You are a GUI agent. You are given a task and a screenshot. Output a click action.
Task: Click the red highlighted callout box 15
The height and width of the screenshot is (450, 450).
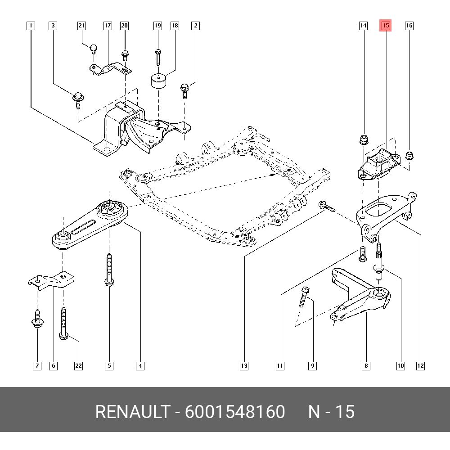click(386, 26)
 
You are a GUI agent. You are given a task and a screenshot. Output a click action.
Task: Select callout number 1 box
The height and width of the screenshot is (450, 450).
click(30, 26)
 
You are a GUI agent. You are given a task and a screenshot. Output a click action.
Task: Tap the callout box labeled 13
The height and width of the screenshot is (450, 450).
click(244, 366)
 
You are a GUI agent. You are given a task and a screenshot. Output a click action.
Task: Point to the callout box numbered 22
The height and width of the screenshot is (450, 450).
click(78, 366)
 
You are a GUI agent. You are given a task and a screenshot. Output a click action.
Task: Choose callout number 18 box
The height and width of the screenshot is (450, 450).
click(175, 26)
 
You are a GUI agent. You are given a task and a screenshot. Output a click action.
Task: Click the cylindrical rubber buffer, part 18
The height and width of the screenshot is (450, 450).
click(157, 82)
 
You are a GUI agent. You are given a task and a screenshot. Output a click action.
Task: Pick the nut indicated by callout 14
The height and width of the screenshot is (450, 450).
click(364, 139)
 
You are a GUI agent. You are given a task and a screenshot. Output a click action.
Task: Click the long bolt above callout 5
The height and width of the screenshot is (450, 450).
click(109, 270)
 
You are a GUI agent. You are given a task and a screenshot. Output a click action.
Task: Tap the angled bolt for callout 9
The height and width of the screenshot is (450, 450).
click(302, 297)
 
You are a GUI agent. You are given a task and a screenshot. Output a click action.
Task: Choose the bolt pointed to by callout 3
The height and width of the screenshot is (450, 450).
click(77, 99)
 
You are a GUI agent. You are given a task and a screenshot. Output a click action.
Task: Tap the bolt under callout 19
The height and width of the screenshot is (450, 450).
click(157, 56)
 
